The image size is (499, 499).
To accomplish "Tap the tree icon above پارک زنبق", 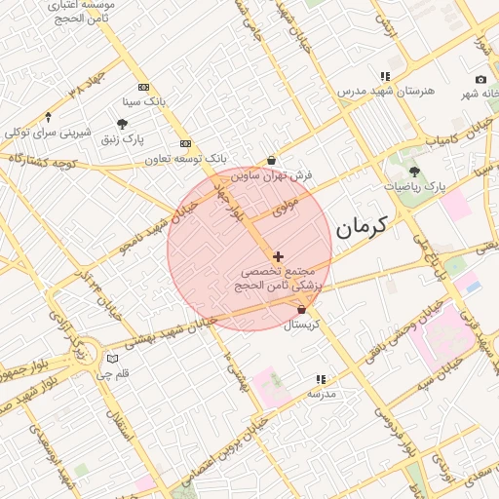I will pyautogui.click(x=122, y=124).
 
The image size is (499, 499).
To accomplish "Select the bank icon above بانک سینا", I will pyautogui.click(x=144, y=87).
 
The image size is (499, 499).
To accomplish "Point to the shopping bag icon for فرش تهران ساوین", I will pyautogui.click(x=271, y=160).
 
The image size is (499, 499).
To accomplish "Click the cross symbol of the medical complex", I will pyautogui.click(x=279, y=255).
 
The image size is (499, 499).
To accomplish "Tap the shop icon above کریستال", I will pyautogui.click(x=301, y=310).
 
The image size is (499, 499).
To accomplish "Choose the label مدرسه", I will pyautogui.click(x=322, y=394).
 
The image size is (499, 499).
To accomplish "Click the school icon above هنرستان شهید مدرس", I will pyautogui.click(x=386, y=76).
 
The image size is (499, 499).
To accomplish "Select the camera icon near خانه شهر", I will pyautogui.click(x=480, y=79).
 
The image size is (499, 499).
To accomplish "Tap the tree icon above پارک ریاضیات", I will pyautogui.click(x=414, y=171).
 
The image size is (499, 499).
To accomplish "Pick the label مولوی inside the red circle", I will pyautogui.click(x=285, y=208).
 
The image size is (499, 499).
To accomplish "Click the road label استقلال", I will pyautogui.click(x=122, y=429).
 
